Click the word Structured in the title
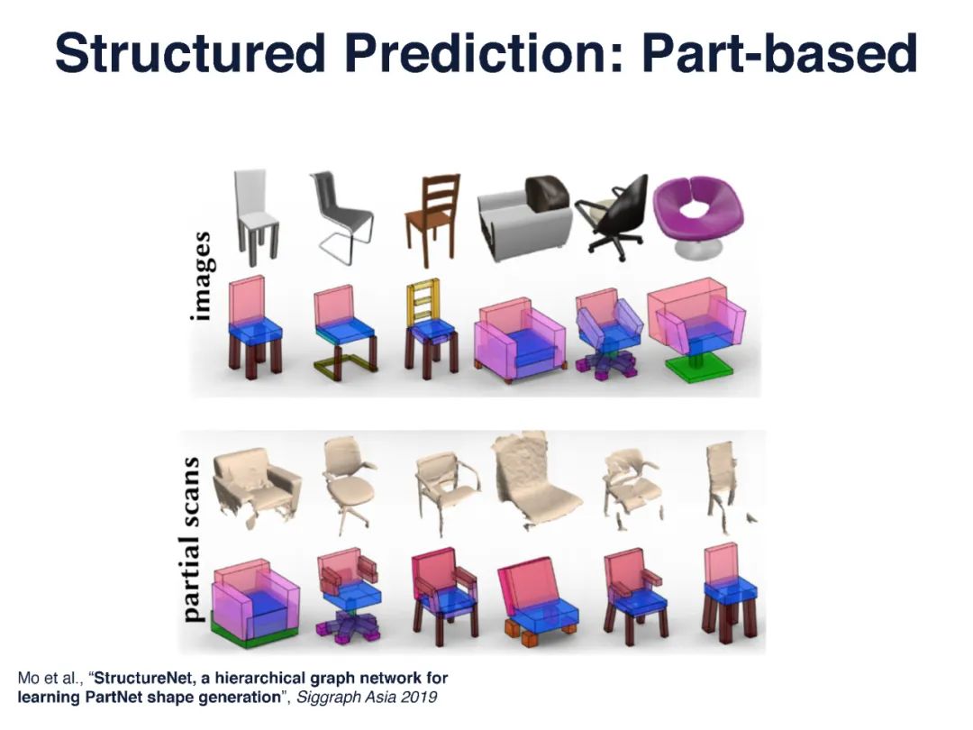tap(190, 53)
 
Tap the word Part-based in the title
tap(779, 53)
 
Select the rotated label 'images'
tap(203, 277)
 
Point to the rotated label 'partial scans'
tap(193, 540)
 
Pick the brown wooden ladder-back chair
tap(433, 218)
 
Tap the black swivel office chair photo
tap(612, 217)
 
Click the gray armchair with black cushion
tap(525, 218)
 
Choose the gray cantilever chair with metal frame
tap(341, 217)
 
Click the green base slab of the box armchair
tap(254, 634)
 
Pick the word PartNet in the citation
tap(114, 697)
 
